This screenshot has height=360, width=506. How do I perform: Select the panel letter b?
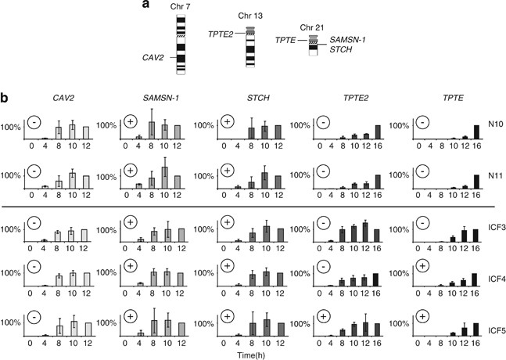[x=5, y=100]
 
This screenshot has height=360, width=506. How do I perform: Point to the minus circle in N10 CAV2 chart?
[x=34, y=121]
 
